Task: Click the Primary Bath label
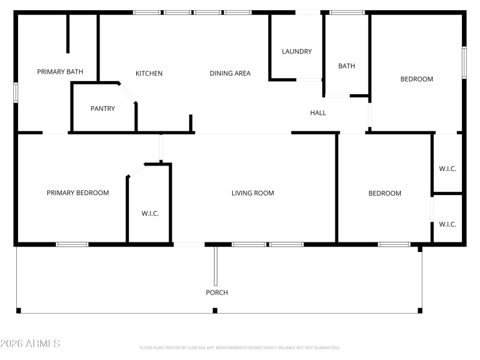[60, 72]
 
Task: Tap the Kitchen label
[149, 74]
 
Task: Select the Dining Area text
[230, 74]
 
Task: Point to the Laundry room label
[297, 52]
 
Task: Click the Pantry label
[103, 109]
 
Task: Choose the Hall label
[318, 113]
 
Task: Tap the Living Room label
[253, 193]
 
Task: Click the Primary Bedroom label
[78, 193]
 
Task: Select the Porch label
[217, 293]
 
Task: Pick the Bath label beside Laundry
[347, 66]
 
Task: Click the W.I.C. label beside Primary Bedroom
[150, 214]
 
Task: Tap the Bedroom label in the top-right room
[416, 79]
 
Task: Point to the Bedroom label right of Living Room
[385, 193]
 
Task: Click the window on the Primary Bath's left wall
[16, 92]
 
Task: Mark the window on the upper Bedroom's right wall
[464, 62]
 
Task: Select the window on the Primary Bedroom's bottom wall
[72, 244]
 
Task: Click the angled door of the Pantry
[128, 93]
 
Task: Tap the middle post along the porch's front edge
[215, 310]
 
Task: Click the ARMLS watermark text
[30, 344]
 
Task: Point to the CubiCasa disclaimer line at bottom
[240, 347]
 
